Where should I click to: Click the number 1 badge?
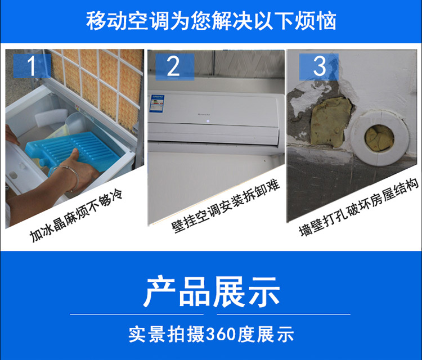coord(32,66)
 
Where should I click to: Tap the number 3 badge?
coord(319,66)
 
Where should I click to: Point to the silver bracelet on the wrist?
coord(68,176)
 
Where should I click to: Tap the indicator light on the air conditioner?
coord(208,121)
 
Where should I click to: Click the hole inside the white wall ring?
coord(379,138)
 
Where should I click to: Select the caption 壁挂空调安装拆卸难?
coord(226,206)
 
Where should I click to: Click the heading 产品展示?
coord(211,292)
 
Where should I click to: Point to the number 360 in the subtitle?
coord(221,335)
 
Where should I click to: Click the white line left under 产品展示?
coord(137,314)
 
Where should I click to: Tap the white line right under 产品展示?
coord(284,314)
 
